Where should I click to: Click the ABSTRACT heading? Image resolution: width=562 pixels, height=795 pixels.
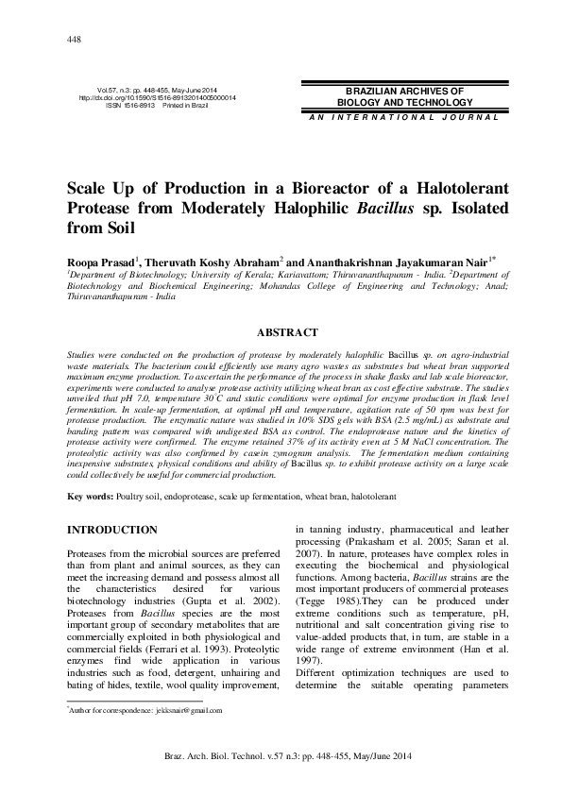[x=280, y=332]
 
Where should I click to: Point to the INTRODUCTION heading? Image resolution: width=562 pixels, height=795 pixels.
[x=111, y=530]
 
